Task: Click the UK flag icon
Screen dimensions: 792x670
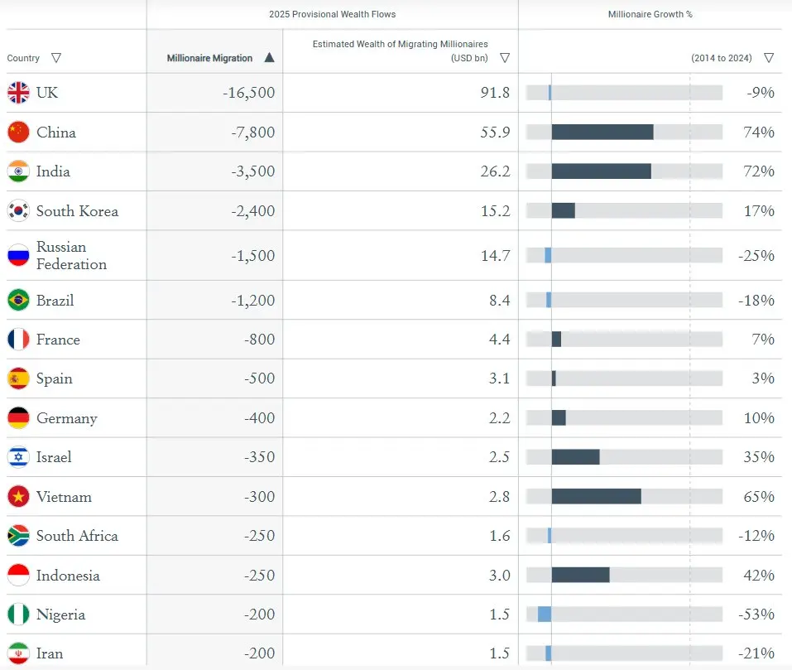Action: click(18, 93)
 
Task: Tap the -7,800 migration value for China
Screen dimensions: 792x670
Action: click(253, 133)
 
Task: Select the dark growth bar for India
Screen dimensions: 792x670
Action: click(601, 171)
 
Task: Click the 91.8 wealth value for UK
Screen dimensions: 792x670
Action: click(495, 93)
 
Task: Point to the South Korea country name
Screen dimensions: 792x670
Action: click(77, 211)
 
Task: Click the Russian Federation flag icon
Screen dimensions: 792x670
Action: click(18, 255)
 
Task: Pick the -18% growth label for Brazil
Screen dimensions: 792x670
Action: click(756, 300)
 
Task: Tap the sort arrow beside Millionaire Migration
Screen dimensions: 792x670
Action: click(269, 58)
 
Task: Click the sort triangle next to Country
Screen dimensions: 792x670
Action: click(56, 58)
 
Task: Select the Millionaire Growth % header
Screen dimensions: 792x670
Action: click(650, 14)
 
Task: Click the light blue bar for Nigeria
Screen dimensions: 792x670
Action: click(545, 615)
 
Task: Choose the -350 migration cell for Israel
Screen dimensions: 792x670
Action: click(260, 457)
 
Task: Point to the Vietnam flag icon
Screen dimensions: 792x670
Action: click(18, 497)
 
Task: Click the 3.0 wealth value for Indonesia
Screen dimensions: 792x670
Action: click(500, 576)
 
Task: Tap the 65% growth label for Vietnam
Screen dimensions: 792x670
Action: click(759, 497)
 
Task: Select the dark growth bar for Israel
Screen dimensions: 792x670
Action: click(576, 457)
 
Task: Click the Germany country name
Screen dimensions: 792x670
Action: click(67, 419)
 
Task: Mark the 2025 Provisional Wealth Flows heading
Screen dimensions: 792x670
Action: click(333, 14)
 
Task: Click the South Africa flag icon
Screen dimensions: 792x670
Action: click(18, 536)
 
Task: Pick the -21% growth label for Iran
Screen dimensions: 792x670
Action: click(756, 653)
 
